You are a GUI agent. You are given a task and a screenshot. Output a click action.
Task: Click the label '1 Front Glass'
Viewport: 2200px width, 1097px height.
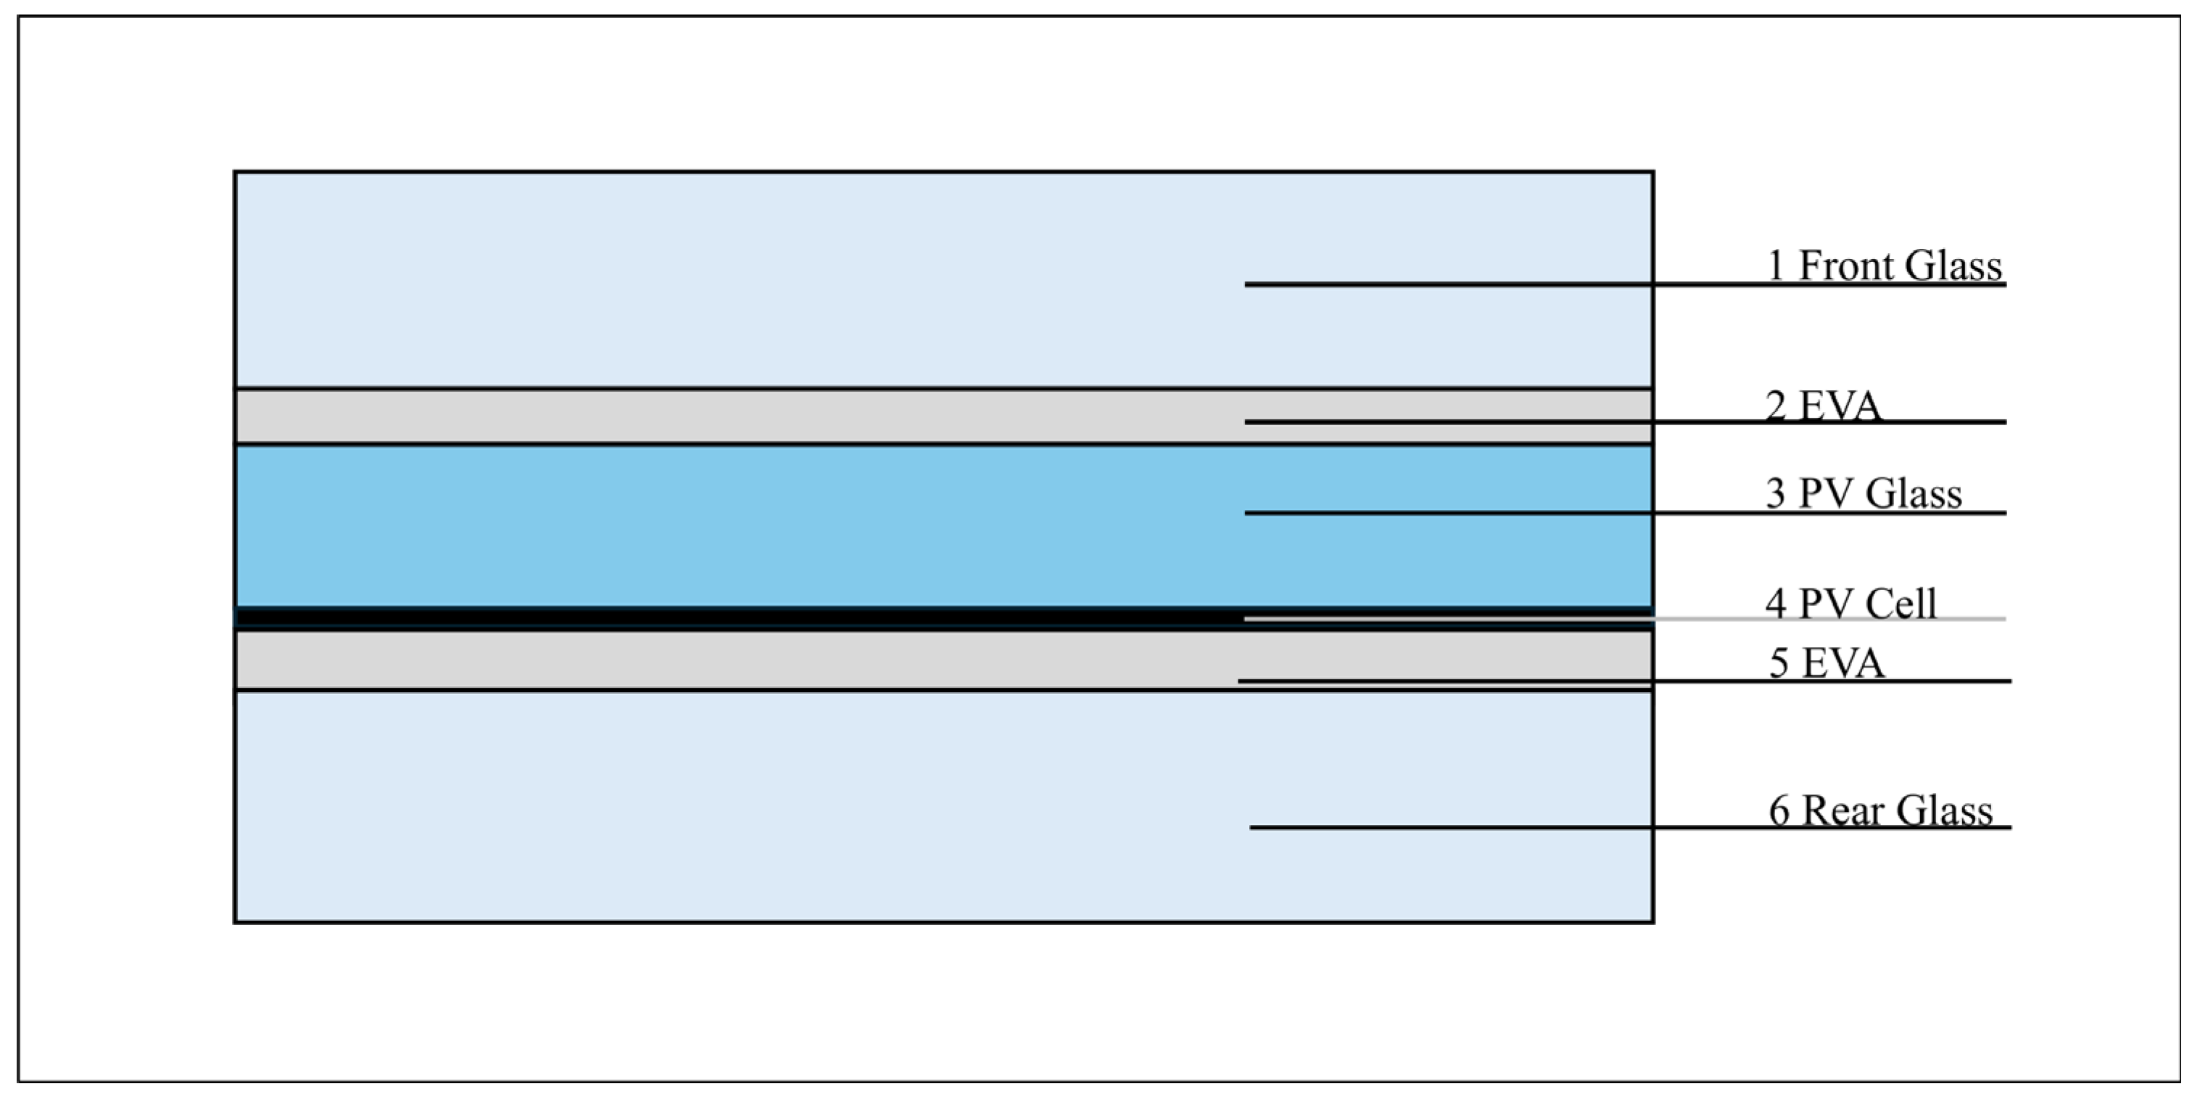[1884, 266]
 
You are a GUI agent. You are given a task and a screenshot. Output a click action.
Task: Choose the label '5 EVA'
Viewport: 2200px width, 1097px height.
[1826, 663]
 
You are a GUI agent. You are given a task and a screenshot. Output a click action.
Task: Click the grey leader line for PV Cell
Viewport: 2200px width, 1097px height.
[1964, 619]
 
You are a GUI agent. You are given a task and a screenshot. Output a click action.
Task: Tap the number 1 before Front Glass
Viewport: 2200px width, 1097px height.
[1776, 266]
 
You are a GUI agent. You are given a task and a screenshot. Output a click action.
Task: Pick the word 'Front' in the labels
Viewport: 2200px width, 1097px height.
[1845, 266]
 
